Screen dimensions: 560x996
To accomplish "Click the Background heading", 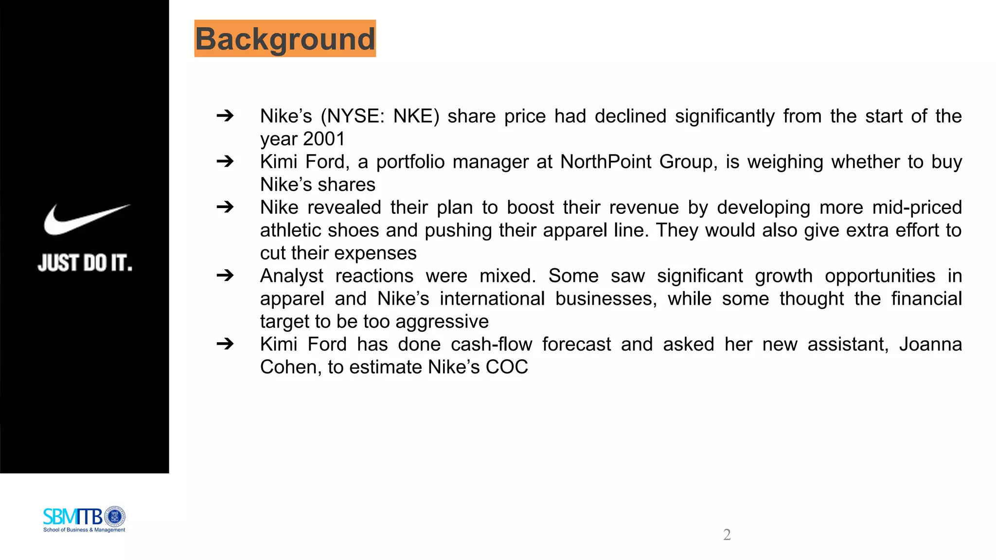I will click(x=285, y=39).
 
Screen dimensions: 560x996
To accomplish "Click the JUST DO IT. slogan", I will click(x=85, y=263).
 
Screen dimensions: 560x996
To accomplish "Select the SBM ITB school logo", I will click(x=84, y=519).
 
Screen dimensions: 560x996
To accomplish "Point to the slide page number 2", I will click(x=727, y=535).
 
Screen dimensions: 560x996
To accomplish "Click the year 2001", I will click(x=324, y=139).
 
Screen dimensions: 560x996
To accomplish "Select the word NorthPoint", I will click(x=605, y=162).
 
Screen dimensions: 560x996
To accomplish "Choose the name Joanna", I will click(x=930, y=345).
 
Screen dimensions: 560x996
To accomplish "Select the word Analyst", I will click(x=292, y=276).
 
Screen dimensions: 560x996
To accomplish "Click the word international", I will click(x=492, y=299).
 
